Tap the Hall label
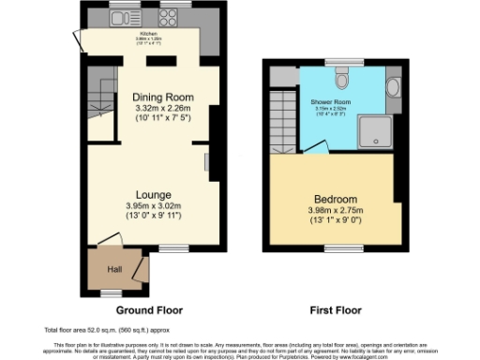tap(114, 270)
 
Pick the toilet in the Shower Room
tap(344, 76)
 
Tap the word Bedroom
tap(335, 200)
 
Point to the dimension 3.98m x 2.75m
tap(335, 212)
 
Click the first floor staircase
tap(282, 117)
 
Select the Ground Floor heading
tap(149, 309)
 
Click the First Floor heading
tap(335, 309)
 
